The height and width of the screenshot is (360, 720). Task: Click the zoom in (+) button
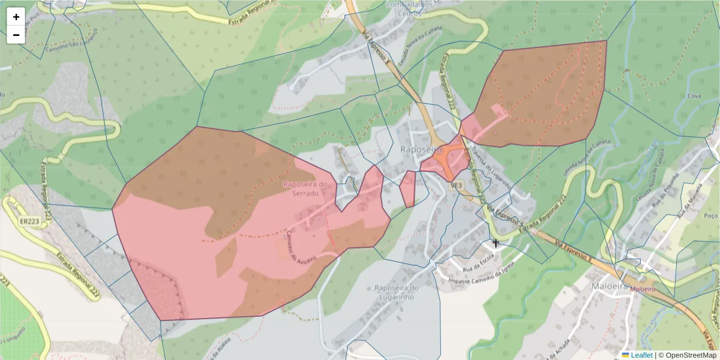16,17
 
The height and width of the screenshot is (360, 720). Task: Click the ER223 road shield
29,221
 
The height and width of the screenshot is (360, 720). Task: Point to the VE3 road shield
456,185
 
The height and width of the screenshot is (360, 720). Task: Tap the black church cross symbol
496,243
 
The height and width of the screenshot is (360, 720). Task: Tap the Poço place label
710,215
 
